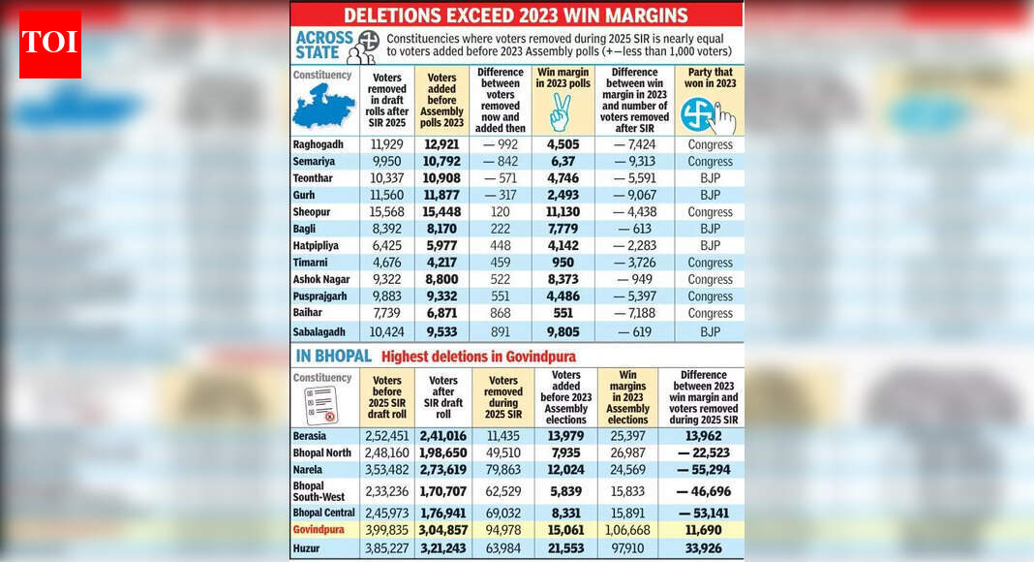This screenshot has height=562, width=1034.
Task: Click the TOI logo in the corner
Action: (x=50, y=45)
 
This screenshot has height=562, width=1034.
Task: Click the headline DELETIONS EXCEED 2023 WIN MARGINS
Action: (x=516, y=15)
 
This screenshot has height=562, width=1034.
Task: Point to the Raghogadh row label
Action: (x=319, y=144)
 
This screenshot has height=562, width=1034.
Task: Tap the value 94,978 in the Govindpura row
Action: (x=503, y=530)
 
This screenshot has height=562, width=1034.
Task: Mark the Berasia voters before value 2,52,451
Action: (x=386, y=436)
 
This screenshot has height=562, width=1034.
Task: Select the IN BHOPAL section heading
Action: (x=332, y=356)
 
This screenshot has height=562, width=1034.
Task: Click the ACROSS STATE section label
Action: (x=319, y=45)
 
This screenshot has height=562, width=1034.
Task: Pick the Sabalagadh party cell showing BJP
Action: (x=710, y=331)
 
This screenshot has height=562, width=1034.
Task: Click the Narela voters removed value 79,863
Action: (x=503, y=471)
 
